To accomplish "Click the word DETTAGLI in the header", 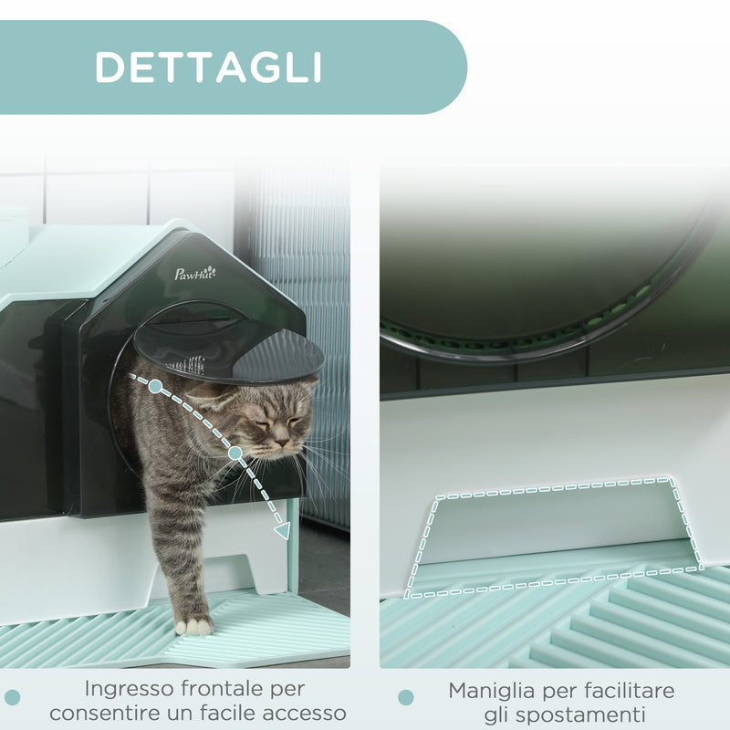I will pos(208,67).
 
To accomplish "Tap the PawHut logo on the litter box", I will pos(195,273).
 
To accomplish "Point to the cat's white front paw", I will pos(194,625).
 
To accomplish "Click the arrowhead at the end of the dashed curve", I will pos(283,529).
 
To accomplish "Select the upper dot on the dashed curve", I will pos(155,387).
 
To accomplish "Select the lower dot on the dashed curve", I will pos(235,453).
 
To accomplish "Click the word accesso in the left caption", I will pos(308,714).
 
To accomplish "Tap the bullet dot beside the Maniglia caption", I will pos(405,698).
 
